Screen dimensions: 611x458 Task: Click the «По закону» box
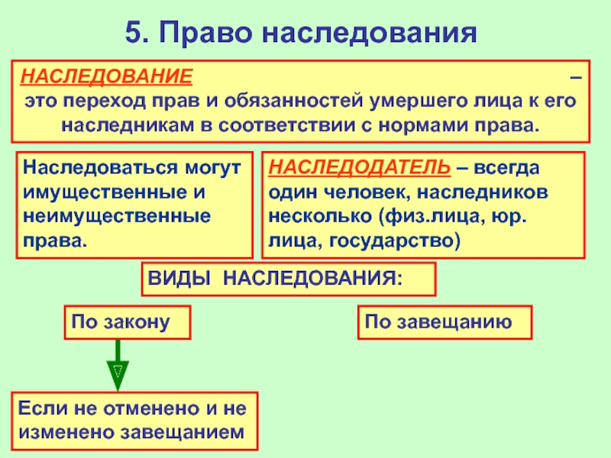(x=126, y=323)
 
